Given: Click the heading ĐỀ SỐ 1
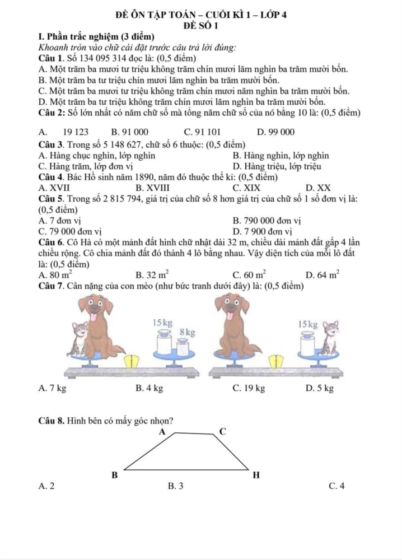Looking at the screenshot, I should (200, 26).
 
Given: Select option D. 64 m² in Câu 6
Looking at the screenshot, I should (319, 274).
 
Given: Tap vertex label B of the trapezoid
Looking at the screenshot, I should (114, 475).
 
